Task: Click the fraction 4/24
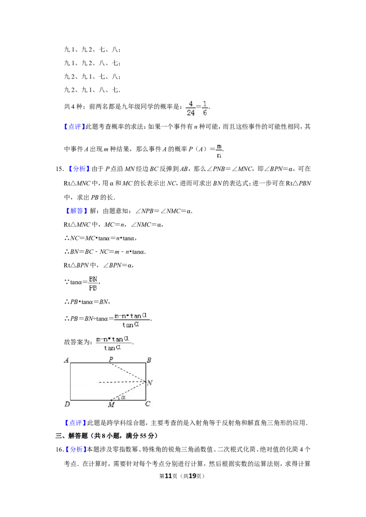(190, 107)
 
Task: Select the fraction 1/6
(205, 107)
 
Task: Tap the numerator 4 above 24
(190, 103)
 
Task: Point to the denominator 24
(190, 112)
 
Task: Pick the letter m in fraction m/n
(219, 146)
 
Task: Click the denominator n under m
(219, 155)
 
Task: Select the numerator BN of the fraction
(93, 279)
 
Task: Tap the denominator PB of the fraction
(93, 288)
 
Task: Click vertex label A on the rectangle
(66, 360)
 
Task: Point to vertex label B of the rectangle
(149, 360)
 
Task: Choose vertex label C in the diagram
(148, 404)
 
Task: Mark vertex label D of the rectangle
(67, 404)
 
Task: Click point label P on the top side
(111, 360)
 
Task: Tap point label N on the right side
(150, 383)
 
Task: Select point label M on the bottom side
(111, 405)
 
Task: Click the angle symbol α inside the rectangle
(123, 397)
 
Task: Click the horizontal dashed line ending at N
(121, 382)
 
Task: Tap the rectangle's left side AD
(70, 381)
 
